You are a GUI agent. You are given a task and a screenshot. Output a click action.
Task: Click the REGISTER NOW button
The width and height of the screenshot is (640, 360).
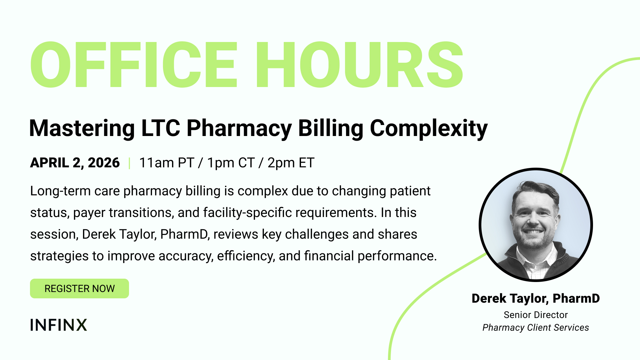pyautogui.click(x=79, y=288)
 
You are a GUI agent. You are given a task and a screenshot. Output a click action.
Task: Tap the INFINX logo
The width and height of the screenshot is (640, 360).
pyautogui.click(x=59, y=325)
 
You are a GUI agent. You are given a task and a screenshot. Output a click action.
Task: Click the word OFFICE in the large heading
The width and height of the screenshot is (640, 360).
pyautogui.click(x=134, y=65)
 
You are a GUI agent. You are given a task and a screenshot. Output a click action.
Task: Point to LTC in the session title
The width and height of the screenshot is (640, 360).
pyautogui.click(x=161, y=128)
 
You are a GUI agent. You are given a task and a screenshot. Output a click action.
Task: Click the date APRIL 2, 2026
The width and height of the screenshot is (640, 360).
pyautogui.click(x=75, y=163)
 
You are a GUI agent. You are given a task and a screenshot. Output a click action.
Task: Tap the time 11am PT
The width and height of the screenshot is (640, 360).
pyautogui.click(x=167, y=163)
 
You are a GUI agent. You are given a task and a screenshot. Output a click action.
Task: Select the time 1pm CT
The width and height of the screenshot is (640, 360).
pyautogui.click(x=231, y=163)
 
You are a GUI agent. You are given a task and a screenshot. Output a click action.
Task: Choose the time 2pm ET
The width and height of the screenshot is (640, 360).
pyautogui.click(x=291, y=163)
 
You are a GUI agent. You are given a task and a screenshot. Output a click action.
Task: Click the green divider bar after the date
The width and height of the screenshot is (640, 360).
pyautogui.click(x=129, y=163)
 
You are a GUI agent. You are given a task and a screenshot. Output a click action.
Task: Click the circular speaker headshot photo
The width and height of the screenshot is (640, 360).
pyautogui.click(x=536, y=225)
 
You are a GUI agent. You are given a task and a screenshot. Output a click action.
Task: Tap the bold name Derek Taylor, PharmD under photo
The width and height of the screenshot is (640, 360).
pyautogui.click(x=536, y=299)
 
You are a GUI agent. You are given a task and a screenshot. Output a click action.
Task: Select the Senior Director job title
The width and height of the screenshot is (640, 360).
pyautogui.click(x=536, y=315)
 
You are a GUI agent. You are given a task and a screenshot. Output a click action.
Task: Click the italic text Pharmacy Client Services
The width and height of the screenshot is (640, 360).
pyautogui.click(x=536, y=328)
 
